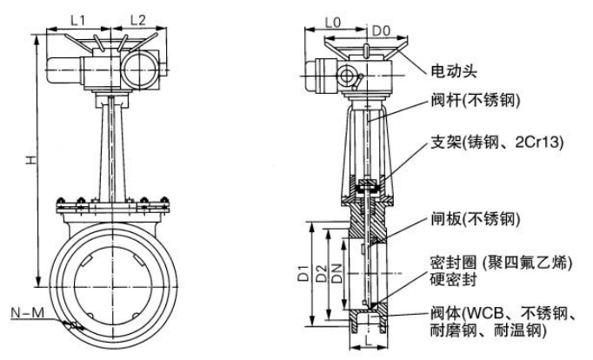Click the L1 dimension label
click(x=78, y=17)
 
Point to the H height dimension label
click(x=30, y=161)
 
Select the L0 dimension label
click(x=332, y=17)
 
